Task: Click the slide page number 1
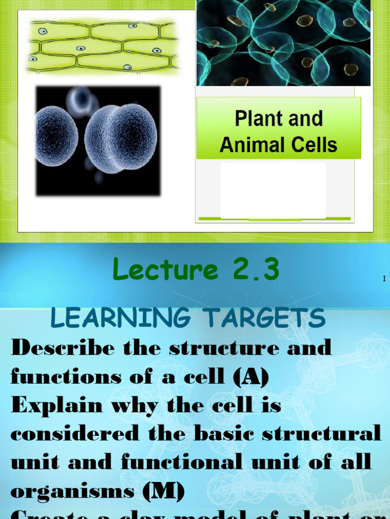pos(384,279)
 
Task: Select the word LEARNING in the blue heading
pos(120,318)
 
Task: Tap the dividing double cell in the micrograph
pos(121,138)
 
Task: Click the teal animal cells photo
pos(283,43)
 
